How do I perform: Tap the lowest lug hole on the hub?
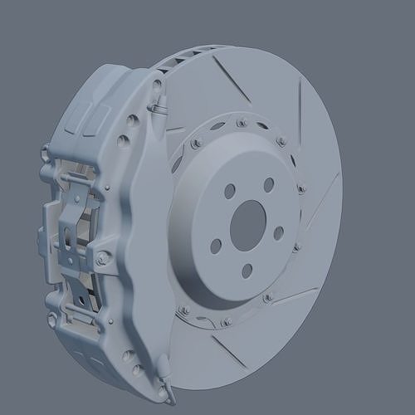tap(247, 270)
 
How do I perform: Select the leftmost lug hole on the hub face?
tap(215, 246)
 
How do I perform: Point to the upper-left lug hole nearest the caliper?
tap(230, 191)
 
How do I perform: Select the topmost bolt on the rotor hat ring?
tap(241, 123)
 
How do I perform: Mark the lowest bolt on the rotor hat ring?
tap(225, 321)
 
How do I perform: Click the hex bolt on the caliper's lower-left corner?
tap(53, 318)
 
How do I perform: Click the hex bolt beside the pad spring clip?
tap(101, 260)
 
